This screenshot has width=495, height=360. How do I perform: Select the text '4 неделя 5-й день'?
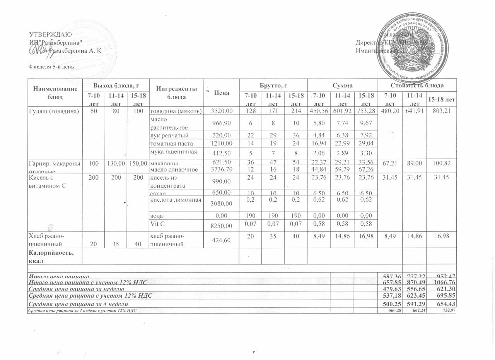click(x=51, y=66)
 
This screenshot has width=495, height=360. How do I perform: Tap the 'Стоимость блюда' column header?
click(x=417, y=85)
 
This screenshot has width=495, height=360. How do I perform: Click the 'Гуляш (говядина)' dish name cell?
click(x=54, y=111)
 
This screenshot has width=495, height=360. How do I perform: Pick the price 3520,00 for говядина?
click(x=222, y=111)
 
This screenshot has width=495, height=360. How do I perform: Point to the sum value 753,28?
click(x=366, y=111)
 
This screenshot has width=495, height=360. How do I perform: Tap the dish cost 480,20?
click(x=390, y=111)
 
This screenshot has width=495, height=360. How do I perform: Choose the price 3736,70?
click(x=222, y=170)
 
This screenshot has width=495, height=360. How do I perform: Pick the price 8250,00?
click(x=222, y=226)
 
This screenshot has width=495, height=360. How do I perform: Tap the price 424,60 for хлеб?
click(x=222, y=240)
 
